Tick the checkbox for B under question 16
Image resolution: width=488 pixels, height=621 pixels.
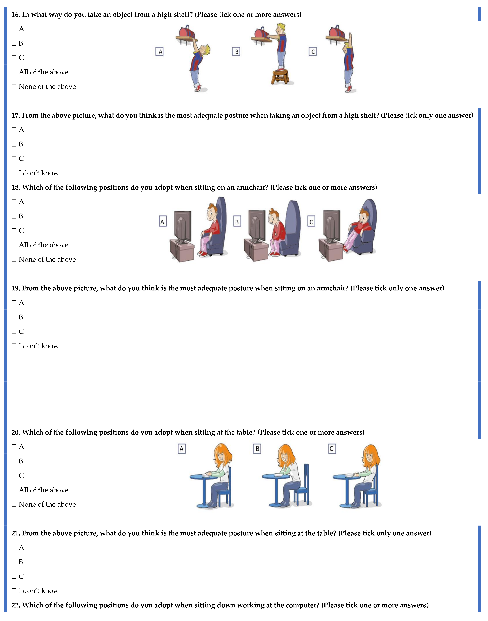point(14,43)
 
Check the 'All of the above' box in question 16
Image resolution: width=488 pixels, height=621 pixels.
point(14,72)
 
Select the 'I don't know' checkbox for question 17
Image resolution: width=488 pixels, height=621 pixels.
point(14,173)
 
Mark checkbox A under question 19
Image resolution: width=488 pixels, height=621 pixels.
point(14,303)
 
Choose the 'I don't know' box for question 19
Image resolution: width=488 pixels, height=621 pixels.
point(14,346)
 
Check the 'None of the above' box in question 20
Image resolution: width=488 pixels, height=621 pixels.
point(14,505)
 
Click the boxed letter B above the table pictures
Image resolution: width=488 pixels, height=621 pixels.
point(257,449)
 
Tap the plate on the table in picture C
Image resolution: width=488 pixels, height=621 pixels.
point(349,475)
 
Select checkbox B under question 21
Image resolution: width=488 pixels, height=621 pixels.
point(14,562)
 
